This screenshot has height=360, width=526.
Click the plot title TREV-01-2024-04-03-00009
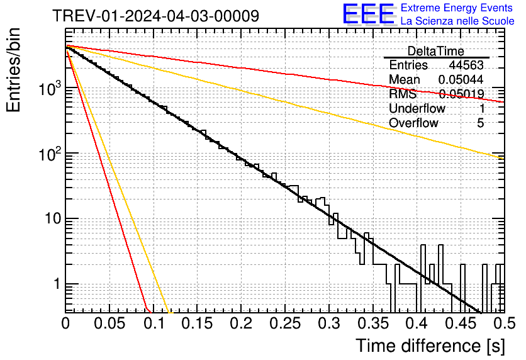(155, 16)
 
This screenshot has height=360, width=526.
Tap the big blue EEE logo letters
(368, 14)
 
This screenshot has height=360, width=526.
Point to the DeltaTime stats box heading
(435, 51)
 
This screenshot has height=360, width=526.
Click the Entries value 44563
(466, 65)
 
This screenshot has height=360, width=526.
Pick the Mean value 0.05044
(461, 80)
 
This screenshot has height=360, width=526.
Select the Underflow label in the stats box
(417, 109)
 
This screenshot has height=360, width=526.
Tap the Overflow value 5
(480, 123)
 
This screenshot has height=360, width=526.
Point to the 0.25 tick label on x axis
(284, 324)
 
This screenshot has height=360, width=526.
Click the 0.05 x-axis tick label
(109, 324)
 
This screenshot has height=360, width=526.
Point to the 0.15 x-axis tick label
(197, 324)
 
